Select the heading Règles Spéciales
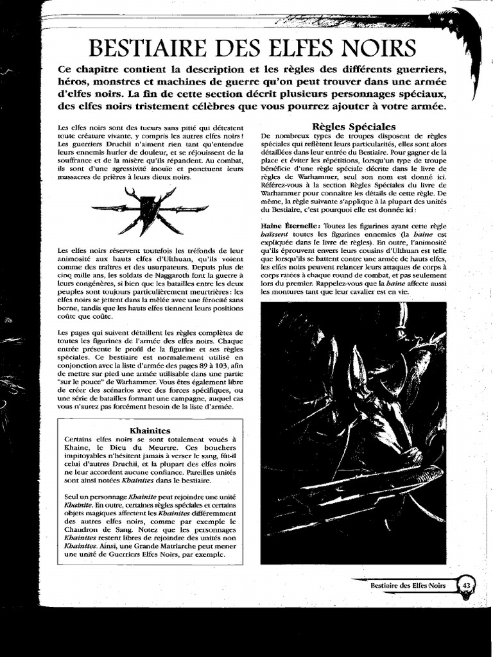click(x=353, y=126)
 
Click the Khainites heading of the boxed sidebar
click(x=150, y=429)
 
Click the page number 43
click(x=467, y=584)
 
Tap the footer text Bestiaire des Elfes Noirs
click(x=408, y=585)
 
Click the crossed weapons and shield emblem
click(x=150, y=209)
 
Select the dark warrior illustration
click(x=353, y=433)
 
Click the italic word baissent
click(x=279, y=235)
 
